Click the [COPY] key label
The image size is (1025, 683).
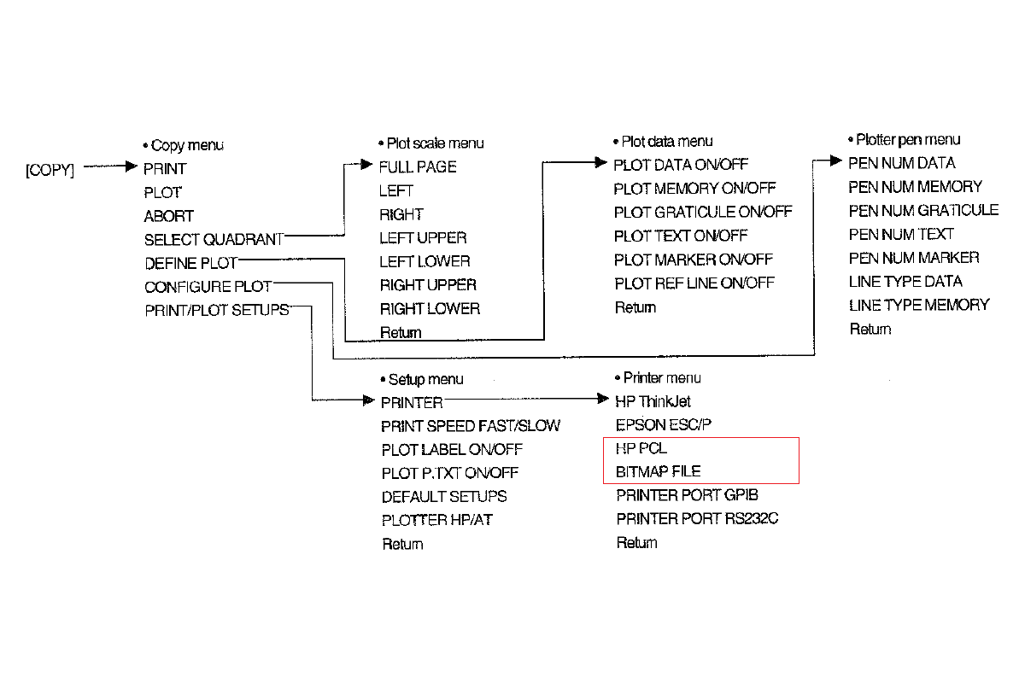coord(50,170)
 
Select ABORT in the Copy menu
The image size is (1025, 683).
coord(169,216)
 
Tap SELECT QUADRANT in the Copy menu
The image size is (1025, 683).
coord(214,240)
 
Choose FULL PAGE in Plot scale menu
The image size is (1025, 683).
coord(418,167)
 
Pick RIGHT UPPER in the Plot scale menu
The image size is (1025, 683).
coord(428,285)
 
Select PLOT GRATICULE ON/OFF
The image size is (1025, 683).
coord(703,212)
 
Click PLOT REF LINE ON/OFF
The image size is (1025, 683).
coord(694,283)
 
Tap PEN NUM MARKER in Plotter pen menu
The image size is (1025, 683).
coord(914,258)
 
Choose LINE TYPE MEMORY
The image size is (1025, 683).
coord(919,305)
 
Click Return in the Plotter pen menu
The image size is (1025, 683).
coord(870,329)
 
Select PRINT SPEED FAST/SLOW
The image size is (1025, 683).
coord(471,425)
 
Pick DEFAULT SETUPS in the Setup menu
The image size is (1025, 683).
coord(444,496)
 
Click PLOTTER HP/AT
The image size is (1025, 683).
coord(436,520)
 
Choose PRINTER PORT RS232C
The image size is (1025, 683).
coord(698,518)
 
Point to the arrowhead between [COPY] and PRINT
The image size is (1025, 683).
coord(130,167)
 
